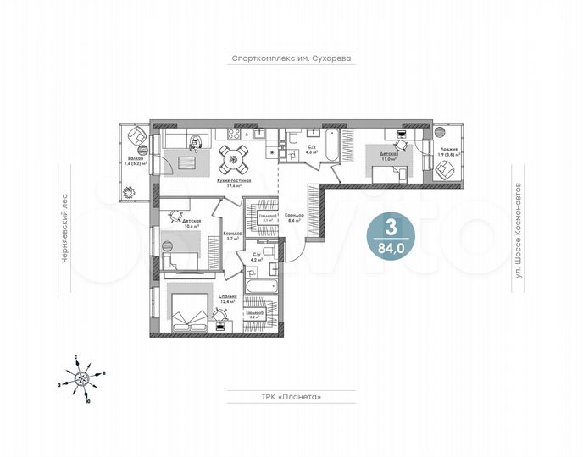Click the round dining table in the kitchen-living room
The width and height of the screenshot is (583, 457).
point(234,156)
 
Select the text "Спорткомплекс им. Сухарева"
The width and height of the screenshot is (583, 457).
point(291,59)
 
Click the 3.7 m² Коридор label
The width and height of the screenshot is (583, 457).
point(234,235)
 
